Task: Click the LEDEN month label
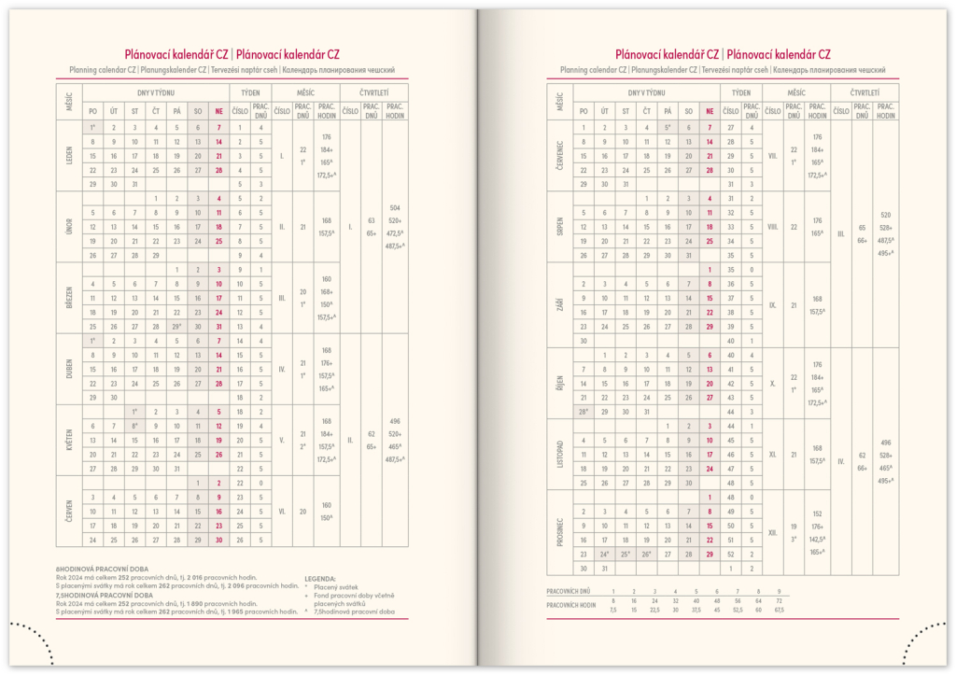69,156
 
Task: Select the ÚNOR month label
69,227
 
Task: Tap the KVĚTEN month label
69,440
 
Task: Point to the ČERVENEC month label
561,156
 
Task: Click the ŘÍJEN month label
561,383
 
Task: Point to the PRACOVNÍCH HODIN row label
572,604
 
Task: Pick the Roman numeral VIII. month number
772,227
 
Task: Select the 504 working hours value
395,207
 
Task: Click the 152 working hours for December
818,513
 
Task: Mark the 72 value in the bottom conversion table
778,600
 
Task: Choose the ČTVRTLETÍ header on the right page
865,92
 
